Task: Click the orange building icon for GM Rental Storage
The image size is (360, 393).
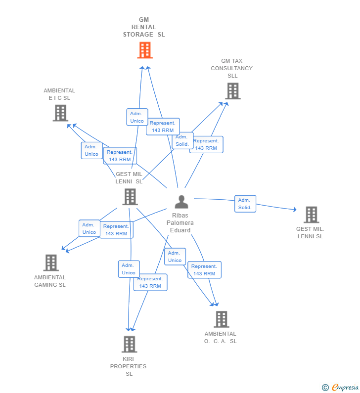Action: pyautogui.click(x=144, y=50)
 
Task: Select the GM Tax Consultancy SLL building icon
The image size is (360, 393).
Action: pyautogui.click(x=232, y=91)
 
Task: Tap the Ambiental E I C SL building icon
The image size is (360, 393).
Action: pyautogui.click(x=60, y=113)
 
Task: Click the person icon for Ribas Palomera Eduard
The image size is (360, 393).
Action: pyautogui.click(x=181, y=202)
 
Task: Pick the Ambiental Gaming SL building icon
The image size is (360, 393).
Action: pyautogui.click(x=51, y=262)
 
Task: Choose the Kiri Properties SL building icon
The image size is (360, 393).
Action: pyautogui.click(x=129, y=344)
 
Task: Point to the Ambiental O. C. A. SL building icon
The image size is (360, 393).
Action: pyautogui.click(x=221, y=319)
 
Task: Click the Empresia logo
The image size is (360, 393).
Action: pyautogui.click(x=345, y=387)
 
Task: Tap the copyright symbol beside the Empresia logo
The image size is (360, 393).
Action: pyautogui.click(x=325, y=388)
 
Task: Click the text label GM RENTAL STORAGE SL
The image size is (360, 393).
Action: pyautogui.click(x=143, y=27)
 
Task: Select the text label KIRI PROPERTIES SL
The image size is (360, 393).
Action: pyautogui.click(x=129, y=366)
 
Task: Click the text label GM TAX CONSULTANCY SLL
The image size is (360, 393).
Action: pyautogui.click(x=232, y=68)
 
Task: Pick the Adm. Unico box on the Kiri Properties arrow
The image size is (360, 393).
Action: pyautogui.click(x=129, y=269)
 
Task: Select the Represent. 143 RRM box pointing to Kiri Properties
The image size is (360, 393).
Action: pyautogui.click(x=150, y=282)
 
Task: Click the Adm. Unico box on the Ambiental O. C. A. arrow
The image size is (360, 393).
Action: pyautogui.click(x=175, y=257)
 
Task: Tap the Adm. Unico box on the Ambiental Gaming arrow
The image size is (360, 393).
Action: pyautogui.click(x=89, y=228)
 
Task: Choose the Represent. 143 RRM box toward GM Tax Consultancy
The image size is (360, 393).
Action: pyautogui.click(x=206, y=144)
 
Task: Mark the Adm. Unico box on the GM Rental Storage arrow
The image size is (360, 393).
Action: pyautogui.click(x=137, y=117)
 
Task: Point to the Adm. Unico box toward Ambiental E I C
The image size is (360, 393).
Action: pyautogui.click(x=91, y=150)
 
